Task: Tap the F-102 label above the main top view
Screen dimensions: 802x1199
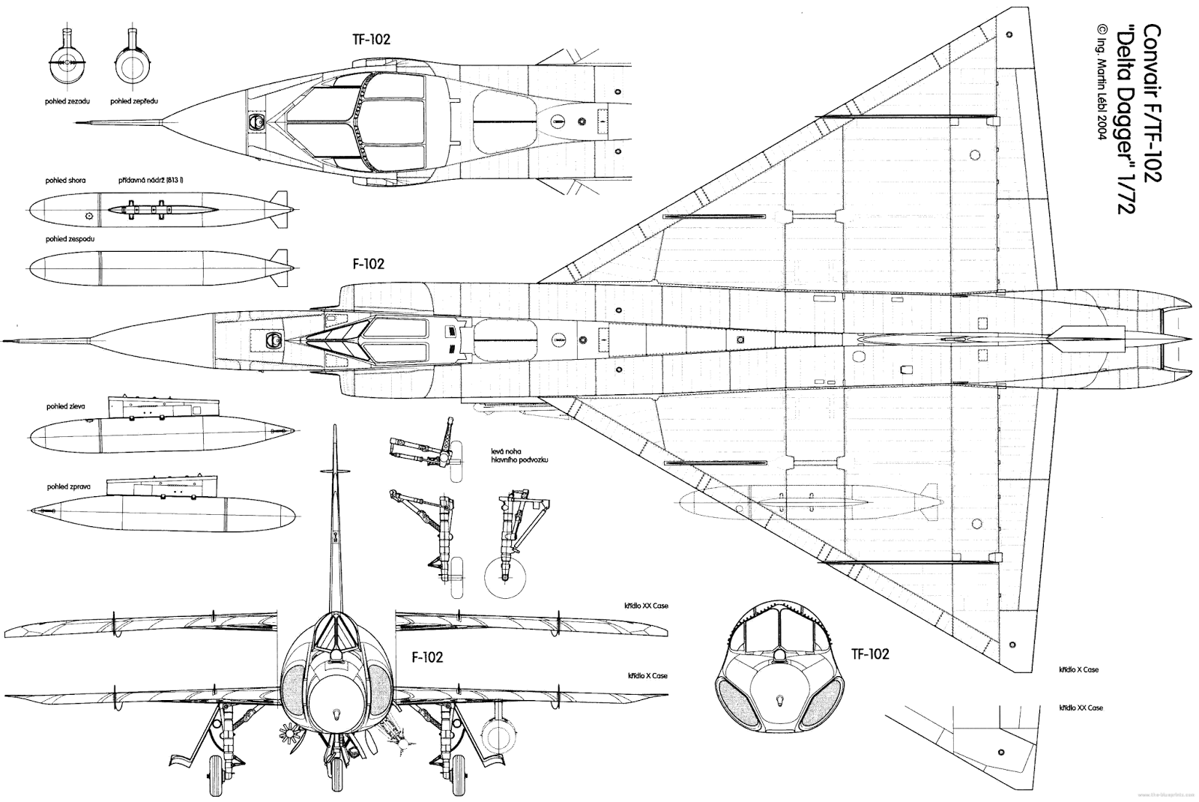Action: point(368,264)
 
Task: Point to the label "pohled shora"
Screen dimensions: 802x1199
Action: point(66,181)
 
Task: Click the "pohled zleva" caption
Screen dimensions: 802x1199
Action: point(66,406)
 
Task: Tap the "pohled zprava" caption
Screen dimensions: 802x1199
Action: point(68,486)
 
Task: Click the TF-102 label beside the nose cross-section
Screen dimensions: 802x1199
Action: point(869,654)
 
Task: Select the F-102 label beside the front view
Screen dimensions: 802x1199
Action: point(428,657)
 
